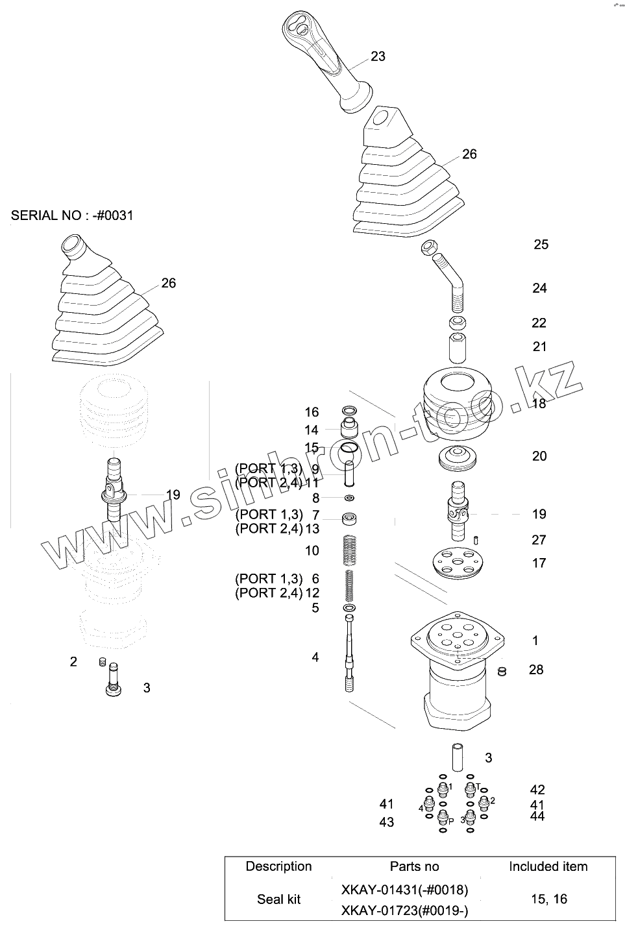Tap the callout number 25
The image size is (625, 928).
(x=541, y=245)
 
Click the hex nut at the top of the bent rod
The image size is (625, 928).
(x=428, y=247)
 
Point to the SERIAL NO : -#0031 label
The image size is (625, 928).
(x=72, y=215)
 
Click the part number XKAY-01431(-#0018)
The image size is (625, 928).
(x=404, y=890)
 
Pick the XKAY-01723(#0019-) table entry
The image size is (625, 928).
(x=404, y=911)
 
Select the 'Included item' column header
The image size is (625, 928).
(x=548, y=867)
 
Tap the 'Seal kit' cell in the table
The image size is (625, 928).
(x=279, y=899)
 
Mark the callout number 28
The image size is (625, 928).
(x=535, y=670)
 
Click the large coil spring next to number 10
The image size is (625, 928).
(x=349, y=551)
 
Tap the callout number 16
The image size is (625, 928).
(x=312, y=412)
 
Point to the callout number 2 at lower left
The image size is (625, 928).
(x=73, y=662)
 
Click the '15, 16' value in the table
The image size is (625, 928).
(x=548, y=899)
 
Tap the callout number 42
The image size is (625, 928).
(x=537, y=790)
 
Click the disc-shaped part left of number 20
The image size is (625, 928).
(x=459, y=458)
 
